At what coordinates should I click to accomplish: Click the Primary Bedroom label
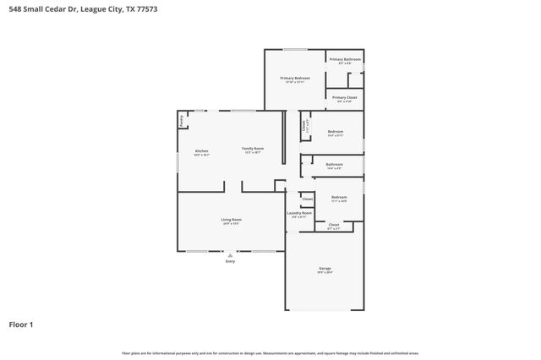(295, 78)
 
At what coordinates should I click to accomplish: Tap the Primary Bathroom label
(345, 59)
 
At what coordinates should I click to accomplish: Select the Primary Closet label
(345, 97)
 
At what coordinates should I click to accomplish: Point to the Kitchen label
(201, 150)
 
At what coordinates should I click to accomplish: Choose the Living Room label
(231, 221)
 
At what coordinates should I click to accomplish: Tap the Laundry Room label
(300, 213)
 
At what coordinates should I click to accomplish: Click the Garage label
(325, 270)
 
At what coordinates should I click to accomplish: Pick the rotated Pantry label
(182, 121)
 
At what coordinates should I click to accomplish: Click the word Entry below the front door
(230, 261)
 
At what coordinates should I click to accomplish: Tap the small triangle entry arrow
(230, 254)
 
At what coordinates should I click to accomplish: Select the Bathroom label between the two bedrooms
(335, 164)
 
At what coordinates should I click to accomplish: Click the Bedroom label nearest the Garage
(339, 197)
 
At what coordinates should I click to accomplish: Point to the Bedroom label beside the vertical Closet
(336, 131)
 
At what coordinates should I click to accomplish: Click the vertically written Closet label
(304, 127)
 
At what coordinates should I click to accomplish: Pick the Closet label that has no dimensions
(308, 199)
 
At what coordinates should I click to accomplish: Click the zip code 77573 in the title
(145, 8)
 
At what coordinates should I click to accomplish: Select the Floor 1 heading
(22, 324)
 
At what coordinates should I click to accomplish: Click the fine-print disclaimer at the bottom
(270, 352)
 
